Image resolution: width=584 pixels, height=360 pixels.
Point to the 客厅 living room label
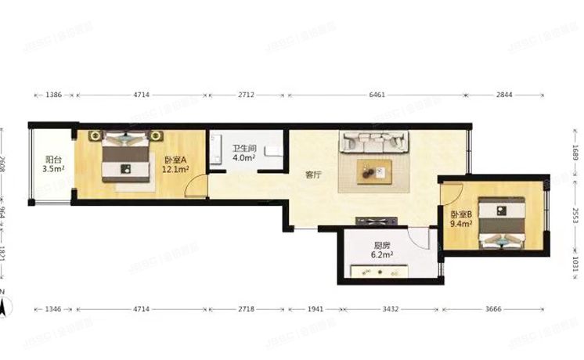(x=315, y=175)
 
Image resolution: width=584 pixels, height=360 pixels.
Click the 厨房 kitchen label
(x=383, y=243)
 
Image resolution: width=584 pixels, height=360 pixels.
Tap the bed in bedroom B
(x=501, y=221)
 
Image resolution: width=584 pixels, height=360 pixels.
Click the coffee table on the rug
(x=375, y=171)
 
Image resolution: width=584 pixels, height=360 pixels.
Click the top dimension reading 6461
(x=376, y=95)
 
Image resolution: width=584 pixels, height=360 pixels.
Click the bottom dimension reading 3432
(x=390, y=310)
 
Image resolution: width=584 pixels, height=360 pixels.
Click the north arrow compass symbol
(x=5, y=304)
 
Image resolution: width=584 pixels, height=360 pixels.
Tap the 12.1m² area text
(x=175, y=168)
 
